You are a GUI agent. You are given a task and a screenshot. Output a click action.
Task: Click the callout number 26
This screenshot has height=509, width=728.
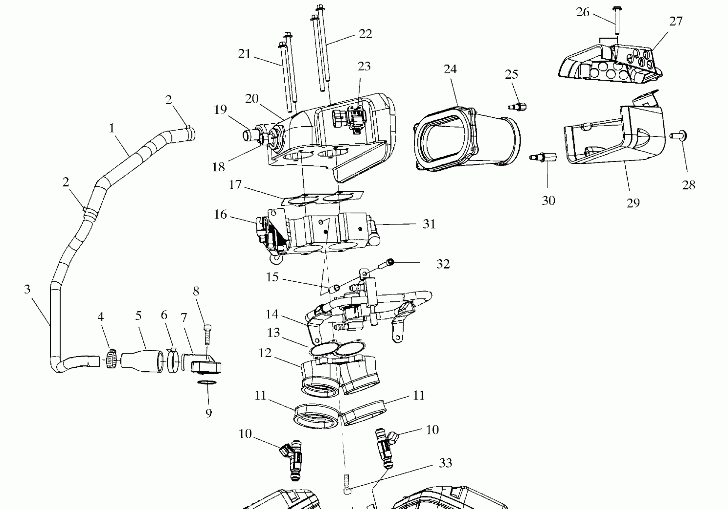583,12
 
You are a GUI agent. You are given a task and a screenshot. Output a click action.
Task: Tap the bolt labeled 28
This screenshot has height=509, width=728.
679,136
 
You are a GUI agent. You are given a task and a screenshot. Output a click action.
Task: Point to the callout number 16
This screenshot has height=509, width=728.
220,215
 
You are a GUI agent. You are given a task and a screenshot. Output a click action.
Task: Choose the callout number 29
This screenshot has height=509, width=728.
633,203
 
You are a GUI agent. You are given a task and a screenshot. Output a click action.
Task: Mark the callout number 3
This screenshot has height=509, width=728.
27,289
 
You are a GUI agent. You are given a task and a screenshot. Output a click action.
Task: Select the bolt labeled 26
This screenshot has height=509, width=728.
617,21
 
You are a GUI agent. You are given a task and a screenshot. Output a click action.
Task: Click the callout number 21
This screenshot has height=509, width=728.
244,54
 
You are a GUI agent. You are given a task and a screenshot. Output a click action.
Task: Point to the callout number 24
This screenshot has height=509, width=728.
450,69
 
